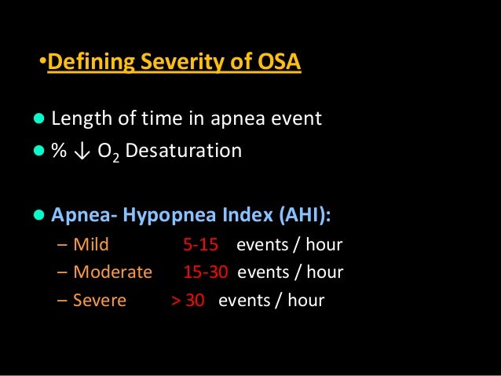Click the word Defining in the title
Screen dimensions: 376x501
click(86, 62)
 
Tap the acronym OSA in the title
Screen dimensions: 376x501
click(275, 62)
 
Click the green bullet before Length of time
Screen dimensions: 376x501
click(38, 120)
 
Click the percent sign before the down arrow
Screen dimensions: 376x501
click(58, 150)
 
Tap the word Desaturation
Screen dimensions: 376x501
click(184, 150)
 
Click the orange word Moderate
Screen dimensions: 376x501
click(112, 272)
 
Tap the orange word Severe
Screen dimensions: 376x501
click(100, 301)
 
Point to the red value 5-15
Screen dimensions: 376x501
click(200, 244)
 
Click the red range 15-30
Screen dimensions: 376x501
click(205, 272)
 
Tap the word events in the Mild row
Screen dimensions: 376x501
click(262, 244)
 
